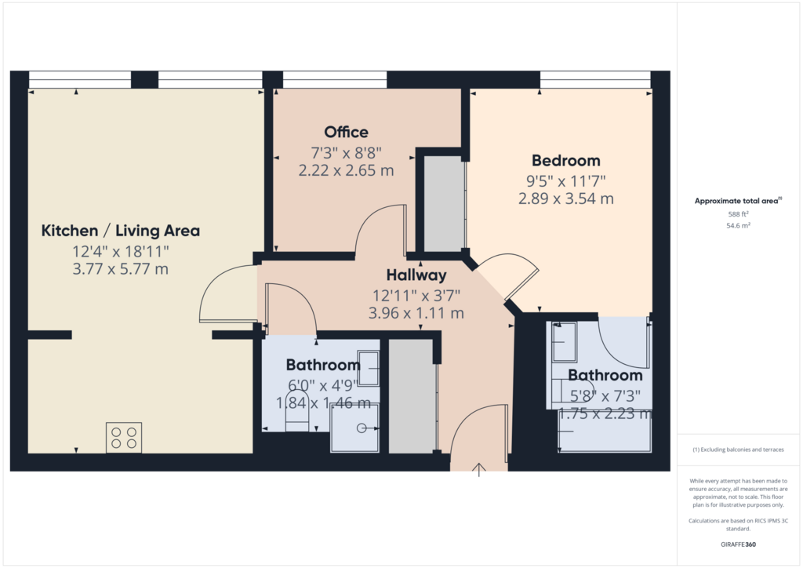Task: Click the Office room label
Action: (346, 132)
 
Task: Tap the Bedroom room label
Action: (566, 161)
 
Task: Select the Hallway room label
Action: (416, 275)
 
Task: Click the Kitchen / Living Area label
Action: (120, 231)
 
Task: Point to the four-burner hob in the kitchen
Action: (124, 438)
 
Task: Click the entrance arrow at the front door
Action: (479, 470)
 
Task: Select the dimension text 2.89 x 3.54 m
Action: (566, 198)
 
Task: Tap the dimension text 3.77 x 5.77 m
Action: (120, 269)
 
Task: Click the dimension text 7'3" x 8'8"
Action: (346, 153)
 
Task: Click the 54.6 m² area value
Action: (739, 225)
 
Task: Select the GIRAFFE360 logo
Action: (739, 544)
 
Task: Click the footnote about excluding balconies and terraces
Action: (739, 450)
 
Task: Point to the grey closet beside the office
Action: (444, 204)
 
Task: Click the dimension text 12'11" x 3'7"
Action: (416, 296)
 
